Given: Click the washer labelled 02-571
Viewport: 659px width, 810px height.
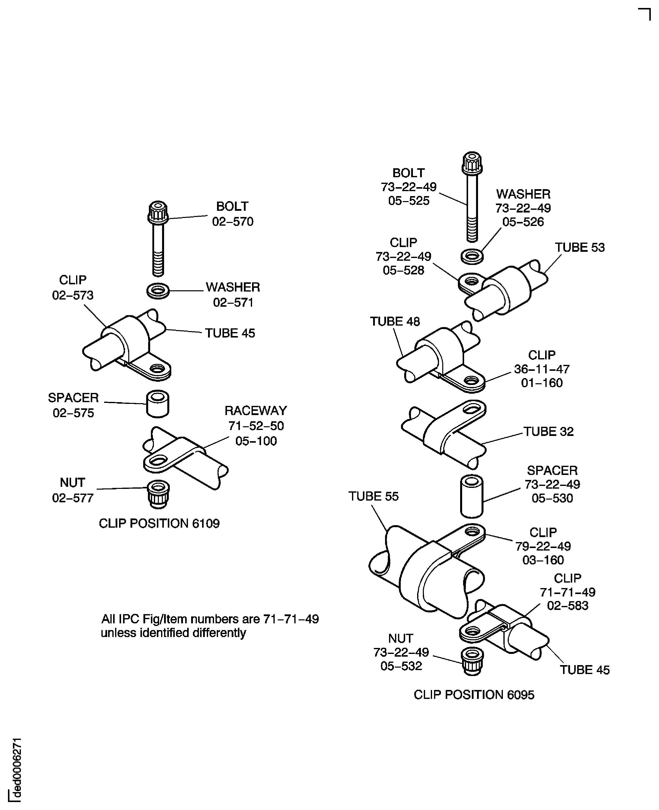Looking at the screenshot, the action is [x=158, y=291].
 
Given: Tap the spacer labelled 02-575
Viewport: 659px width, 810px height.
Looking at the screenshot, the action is [x=158, y=404].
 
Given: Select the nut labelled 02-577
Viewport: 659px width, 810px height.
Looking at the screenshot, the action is [x=158, y=494].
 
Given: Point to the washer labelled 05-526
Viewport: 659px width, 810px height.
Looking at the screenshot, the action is [x=472, y=256].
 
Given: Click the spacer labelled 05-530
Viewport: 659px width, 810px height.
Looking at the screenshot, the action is [x=472, y=496].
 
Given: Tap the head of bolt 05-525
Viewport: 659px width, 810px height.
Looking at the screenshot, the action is [x=472, y=163].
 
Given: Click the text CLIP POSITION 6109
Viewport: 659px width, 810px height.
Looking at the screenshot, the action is [x=159, y=523].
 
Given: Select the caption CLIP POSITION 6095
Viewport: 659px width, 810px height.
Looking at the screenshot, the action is [x=474, y=695].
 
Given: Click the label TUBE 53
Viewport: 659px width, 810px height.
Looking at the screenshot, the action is [x=580, y=248].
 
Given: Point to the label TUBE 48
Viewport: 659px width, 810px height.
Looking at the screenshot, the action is [x=395, y=322].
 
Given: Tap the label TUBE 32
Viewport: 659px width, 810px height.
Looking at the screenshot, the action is [x=549, y=431].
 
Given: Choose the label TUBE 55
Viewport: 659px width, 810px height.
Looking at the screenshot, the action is [x=374, y=497].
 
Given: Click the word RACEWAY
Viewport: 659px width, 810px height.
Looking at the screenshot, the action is [x=256, y=411].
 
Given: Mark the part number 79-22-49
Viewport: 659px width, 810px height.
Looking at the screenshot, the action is [x=543, y=546].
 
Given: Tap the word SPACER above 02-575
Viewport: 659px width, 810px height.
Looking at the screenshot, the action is [x=73, y=398].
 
